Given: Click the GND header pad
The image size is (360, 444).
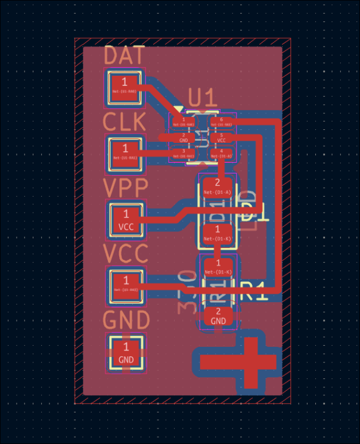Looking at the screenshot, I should (x=126, y=352).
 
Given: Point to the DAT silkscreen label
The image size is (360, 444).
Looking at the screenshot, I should (x=124, y=56).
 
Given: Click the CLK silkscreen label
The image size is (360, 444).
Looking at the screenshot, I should (x=124, y=122).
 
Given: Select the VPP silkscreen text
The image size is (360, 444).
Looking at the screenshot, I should (x=125, y=188).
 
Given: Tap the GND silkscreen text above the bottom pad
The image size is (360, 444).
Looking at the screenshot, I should (x=126, y=320).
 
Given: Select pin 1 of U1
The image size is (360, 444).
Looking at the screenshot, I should (x=184, y=122).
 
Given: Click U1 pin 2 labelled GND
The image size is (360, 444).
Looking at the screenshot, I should (x=184, y=138).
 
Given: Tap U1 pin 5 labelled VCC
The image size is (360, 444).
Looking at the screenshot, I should (x=221, y=138).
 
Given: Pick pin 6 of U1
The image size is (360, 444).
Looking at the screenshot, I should (x=221, y=122).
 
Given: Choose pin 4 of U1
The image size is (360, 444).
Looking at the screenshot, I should (x=221, y=153).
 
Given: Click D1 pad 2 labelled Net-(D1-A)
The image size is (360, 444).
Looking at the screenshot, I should (x=218, y=187).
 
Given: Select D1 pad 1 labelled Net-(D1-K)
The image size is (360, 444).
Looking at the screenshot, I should (x=218, y=233).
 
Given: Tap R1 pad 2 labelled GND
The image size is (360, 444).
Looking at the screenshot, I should (x=218, y=315).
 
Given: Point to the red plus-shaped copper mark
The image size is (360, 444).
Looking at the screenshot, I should (x=238, y=362).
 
